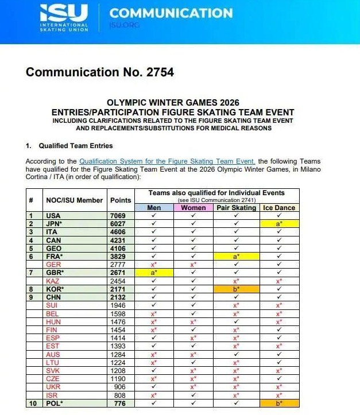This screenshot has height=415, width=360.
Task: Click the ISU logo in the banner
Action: [64, 17]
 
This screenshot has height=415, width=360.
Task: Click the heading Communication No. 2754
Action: [99, 72]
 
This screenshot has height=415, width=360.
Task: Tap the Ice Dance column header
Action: [279, 208]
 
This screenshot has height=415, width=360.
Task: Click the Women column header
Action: [193, 208]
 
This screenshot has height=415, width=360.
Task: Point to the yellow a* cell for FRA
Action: [236, 255]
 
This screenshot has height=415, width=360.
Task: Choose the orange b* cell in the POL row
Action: [279, 404]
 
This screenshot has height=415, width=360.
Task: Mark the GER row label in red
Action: [53, 263]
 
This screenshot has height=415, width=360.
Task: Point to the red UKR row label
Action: [53, 387]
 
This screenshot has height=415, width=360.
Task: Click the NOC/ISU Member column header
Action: [75, 200]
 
